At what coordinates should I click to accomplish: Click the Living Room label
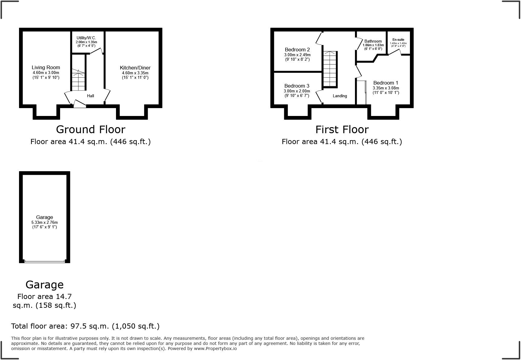46,67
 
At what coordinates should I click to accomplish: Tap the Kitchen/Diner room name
135,68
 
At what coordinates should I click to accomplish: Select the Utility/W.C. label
86,38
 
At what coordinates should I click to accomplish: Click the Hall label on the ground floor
91,96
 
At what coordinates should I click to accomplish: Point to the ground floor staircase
79,80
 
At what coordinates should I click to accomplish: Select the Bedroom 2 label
297,50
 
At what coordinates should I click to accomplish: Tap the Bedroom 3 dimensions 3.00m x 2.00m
297,91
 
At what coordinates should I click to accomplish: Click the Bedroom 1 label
385,83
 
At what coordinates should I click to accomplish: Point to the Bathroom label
373,41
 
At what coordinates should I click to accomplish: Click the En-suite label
398,40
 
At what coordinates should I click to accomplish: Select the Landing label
340,96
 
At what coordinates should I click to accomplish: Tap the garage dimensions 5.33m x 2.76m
44,222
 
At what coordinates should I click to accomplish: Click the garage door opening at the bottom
45,261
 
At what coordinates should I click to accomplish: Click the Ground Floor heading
91,130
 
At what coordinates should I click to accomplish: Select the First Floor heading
342,130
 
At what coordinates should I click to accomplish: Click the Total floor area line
85,326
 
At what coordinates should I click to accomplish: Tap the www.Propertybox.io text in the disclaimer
215,349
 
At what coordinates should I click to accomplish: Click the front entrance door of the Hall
80,104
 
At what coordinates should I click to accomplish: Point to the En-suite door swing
395,52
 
